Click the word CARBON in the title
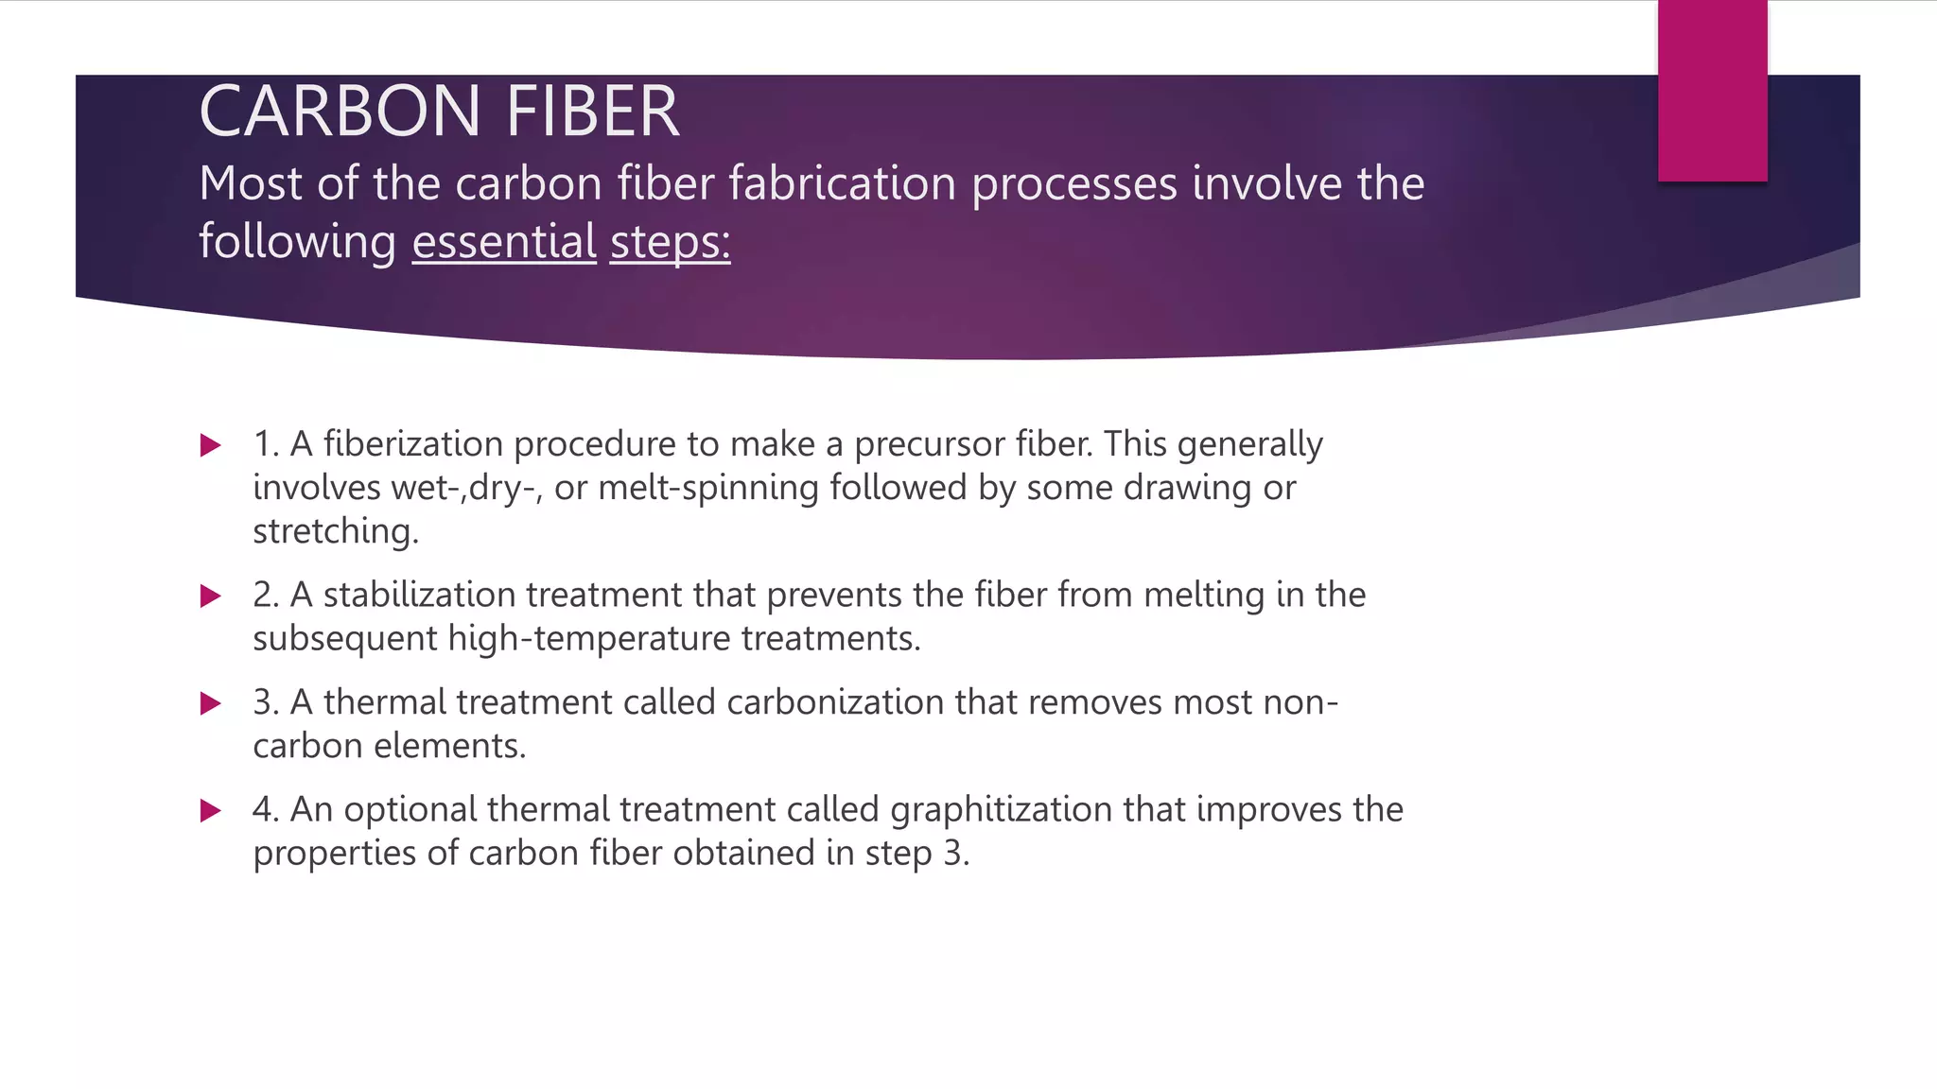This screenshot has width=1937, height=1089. (x=340, y=112)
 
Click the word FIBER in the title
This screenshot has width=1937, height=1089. (x=593, y=112)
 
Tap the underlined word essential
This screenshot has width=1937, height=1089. (x=504, y=241)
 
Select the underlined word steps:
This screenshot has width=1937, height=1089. (x=670, y=241)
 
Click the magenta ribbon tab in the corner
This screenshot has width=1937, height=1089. (x=1712, y=91)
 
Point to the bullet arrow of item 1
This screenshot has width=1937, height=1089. (x=211, y=445)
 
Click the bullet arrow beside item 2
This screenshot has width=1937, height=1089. (x=211, y=596)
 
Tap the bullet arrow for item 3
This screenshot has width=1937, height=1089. (x=211, y=703)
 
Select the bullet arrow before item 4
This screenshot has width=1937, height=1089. (x=211, y=810)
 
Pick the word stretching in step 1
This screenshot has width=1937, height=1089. (x=335, y=531)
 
